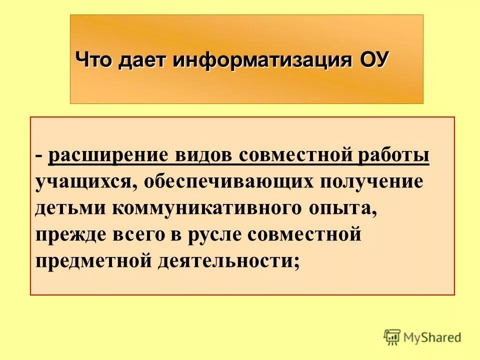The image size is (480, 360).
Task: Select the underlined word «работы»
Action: (393, 155)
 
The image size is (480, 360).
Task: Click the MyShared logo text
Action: (432, 337)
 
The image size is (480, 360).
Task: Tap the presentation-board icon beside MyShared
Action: (392, 337)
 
